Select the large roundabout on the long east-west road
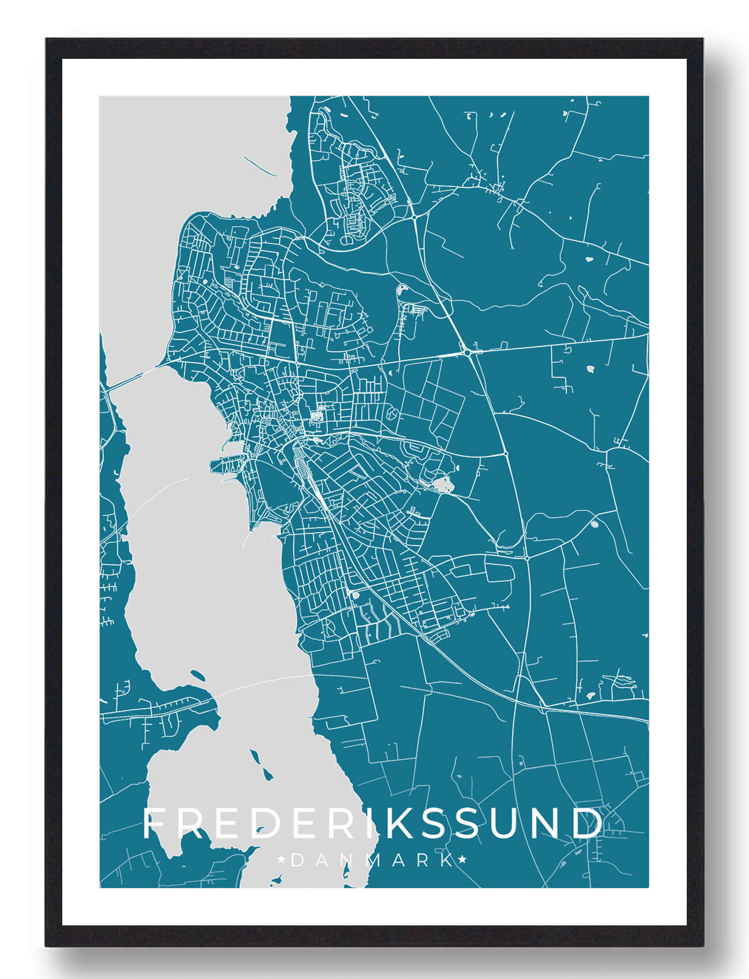467,351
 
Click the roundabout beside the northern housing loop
415,217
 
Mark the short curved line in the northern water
258,165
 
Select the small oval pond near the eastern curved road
594,524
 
